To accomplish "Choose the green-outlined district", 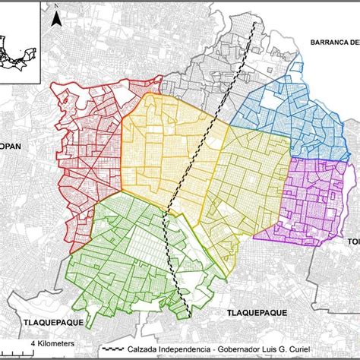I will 122,258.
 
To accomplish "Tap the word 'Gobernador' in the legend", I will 258,352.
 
